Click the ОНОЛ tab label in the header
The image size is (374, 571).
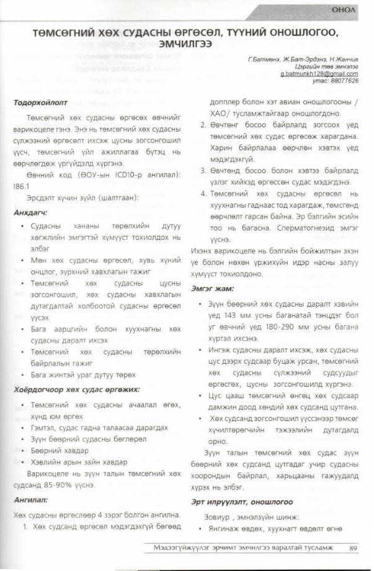click(343, 10)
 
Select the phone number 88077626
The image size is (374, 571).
click(344, 81)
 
